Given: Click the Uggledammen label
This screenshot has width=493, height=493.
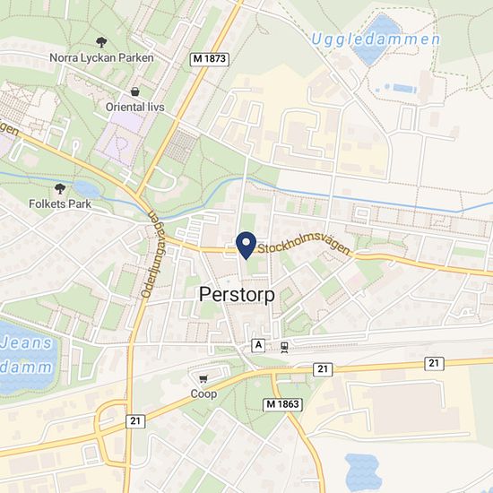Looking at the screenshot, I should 376,39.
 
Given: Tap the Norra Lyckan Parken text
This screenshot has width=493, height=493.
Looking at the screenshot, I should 102,57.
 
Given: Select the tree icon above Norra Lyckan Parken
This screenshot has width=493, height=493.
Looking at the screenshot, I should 102,41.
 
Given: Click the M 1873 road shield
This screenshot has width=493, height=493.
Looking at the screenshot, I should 211,58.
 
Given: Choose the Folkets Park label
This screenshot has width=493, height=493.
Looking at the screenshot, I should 60,203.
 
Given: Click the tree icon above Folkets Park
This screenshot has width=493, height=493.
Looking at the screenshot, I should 60,188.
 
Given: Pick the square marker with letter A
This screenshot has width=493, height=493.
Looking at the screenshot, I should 259,345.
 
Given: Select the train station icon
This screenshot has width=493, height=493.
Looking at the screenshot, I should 283,345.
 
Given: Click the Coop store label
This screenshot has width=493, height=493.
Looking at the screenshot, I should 203,394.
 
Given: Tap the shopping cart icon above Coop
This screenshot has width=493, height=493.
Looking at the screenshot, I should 203,378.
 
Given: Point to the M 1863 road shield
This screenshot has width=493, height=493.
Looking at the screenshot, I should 283,405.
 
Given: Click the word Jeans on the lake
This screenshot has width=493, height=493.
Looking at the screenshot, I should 23,342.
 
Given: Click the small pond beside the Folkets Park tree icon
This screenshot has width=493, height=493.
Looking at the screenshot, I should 87,189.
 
